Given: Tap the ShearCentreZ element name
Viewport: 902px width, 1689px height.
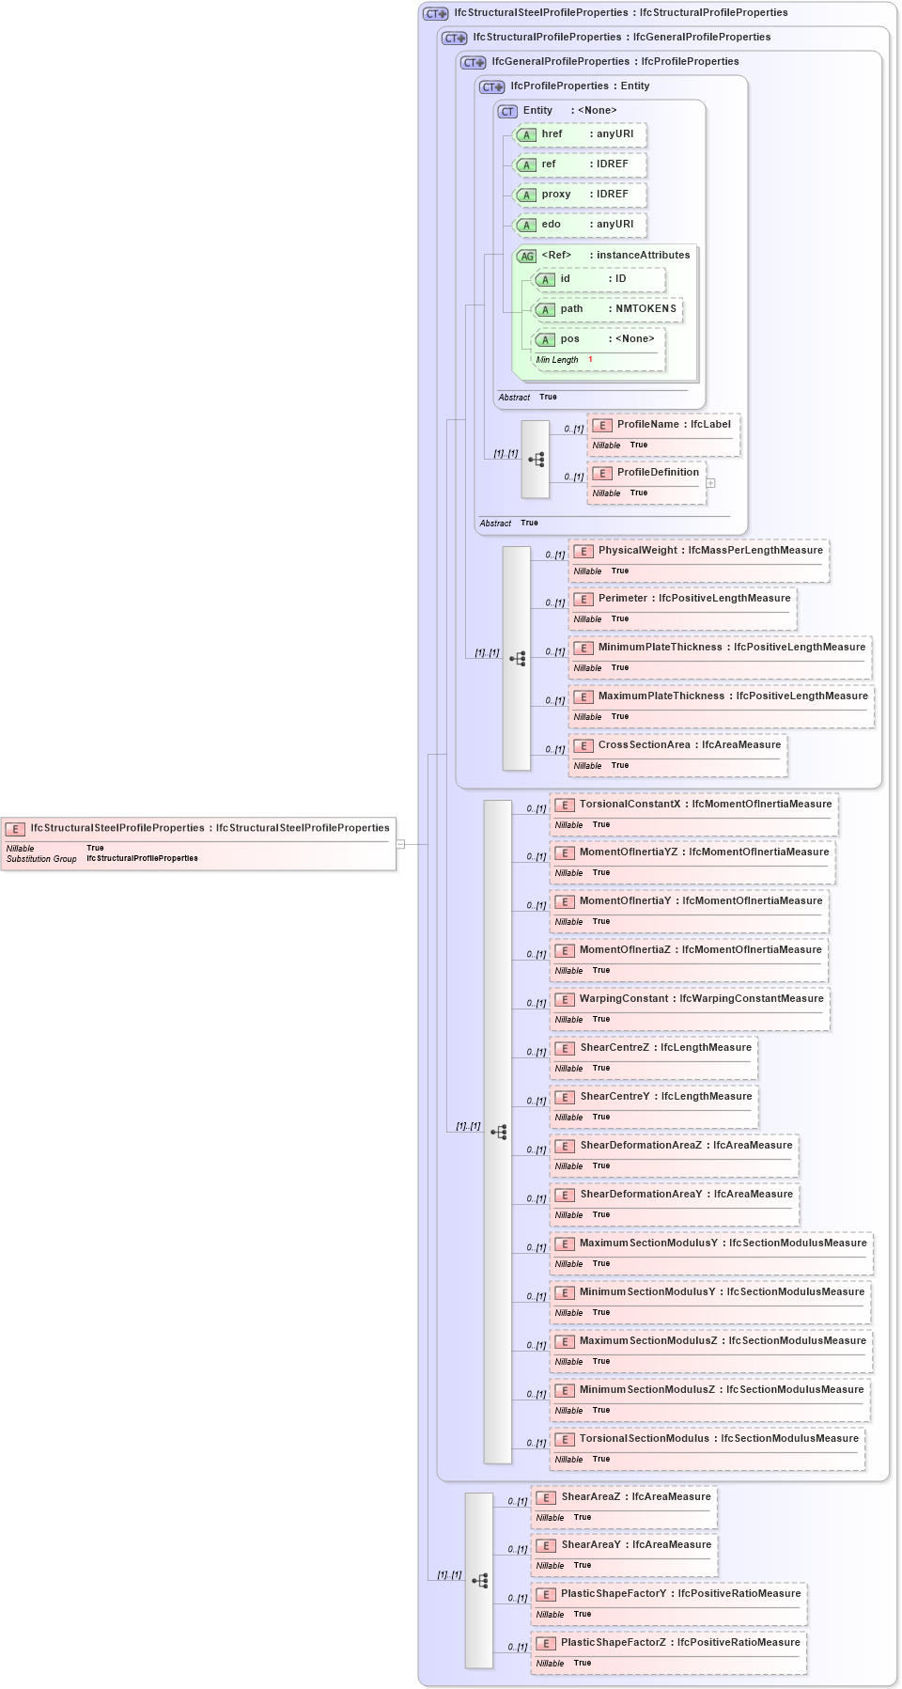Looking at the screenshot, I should point(614,1048).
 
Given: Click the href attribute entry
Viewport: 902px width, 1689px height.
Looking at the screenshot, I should point(552,134).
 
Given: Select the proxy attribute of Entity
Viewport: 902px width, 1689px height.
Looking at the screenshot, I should point(556,195).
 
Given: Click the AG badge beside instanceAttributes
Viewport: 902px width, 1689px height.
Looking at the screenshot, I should point(527,256).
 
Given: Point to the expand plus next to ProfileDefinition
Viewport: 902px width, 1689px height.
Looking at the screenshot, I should point(711,483).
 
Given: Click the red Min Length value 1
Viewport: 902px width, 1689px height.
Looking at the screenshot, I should point(590,360).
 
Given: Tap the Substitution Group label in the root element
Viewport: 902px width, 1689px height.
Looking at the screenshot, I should point(41,859).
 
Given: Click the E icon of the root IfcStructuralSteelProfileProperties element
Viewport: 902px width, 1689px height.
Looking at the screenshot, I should point(16,829).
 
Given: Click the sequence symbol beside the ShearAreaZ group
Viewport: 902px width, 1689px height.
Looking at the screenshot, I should point(480,1581).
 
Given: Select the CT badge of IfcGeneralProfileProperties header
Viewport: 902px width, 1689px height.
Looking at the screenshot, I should point(474,62).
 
